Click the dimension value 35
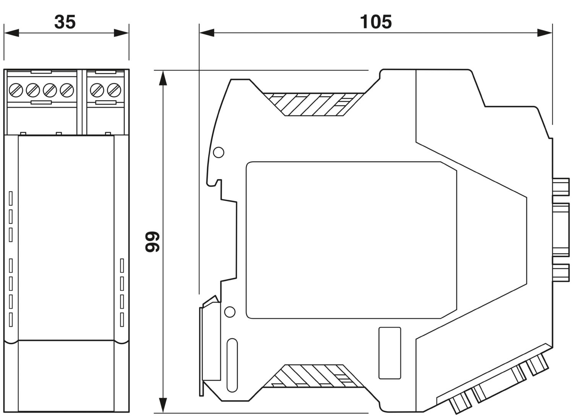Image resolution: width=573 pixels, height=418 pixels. click(x=65, y=22)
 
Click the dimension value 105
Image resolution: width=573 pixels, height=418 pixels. click(x=376, y=22)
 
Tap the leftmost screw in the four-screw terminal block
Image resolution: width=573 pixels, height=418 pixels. click(x=16, y=90)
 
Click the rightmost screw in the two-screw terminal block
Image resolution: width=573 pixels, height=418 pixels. click(x=113, y=90)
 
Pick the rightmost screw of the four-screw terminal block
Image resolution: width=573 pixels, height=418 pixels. click(x=67, y=90)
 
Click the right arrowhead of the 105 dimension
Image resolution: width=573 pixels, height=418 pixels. click(x=545, y=33)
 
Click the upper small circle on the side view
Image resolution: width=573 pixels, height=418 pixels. click(x=219, y=152)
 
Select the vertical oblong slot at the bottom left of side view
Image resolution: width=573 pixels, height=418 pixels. click(x=232, y=365)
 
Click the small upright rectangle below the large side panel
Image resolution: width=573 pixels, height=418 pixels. click(x=390, y=353)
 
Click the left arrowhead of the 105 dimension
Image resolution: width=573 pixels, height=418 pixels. click(x=207, y=33)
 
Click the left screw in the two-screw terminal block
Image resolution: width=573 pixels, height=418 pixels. click(x=96, y=90)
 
